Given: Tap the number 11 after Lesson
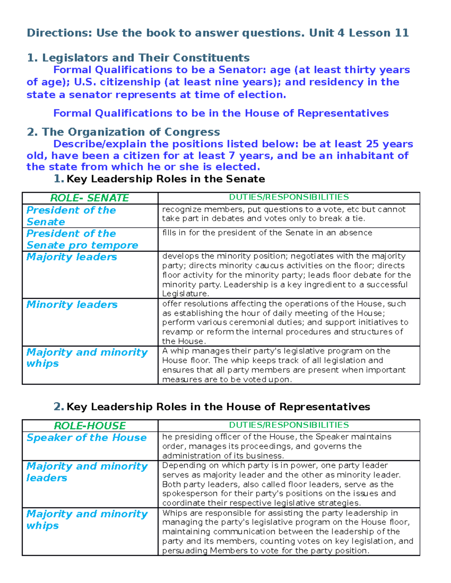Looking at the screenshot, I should click(401, 33).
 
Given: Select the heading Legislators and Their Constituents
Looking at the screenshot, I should click(145, 58).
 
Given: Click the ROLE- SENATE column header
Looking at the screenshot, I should click(89, 198).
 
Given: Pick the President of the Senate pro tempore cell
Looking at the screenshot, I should click(82, 239).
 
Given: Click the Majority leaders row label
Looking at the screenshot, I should click(72, 257).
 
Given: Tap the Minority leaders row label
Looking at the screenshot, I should click(72, 304).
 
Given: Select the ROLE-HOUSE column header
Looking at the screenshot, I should click(89, 426).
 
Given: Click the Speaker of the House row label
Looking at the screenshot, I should click(86, 438).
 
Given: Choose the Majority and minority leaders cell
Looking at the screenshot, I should click(86, 472).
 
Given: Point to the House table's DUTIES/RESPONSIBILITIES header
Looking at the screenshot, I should click(289, 425).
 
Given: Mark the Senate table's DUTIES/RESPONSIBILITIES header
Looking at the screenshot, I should click(289, 197).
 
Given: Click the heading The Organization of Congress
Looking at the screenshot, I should click(131, 132).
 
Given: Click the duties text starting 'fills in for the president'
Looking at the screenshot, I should click(267, 233).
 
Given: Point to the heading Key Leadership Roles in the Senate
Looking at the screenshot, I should click(165, 179).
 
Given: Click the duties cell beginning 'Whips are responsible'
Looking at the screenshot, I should click(288, 532).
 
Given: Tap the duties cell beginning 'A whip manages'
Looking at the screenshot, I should click(284, 365).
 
